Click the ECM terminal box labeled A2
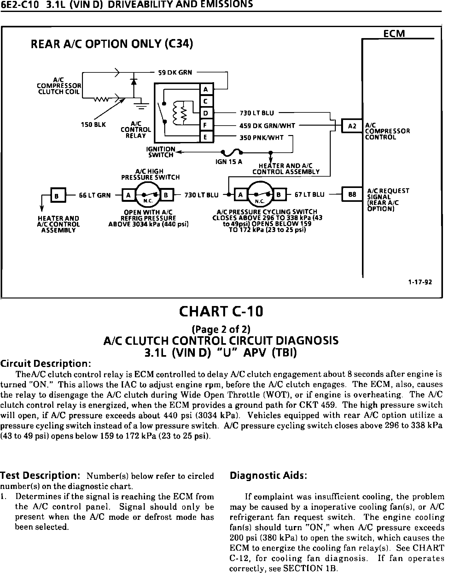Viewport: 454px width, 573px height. coord(352,126)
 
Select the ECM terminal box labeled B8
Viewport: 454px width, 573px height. coord(352,195)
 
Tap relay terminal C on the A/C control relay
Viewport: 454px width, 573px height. coord(206,101)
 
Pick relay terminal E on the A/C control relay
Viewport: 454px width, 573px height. coord(206,137)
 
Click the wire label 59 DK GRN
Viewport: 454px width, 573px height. coord(175,72)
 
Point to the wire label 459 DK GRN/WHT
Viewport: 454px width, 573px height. coord(267,126)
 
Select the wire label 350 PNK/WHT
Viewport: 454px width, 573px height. coord(261,138)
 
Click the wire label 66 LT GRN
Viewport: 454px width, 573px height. coord(95,195)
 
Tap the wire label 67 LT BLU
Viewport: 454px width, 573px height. coord(309,195)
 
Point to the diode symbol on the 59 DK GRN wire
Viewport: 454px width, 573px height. coord(134,81)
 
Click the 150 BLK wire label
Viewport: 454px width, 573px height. coord(93,125)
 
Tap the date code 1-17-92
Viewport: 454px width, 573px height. coord(420,282)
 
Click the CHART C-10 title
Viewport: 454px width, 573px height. coord(221,312)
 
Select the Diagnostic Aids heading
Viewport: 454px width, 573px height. coord(268,475)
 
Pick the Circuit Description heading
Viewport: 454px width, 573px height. coord(46,364)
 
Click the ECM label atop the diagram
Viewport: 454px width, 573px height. coord(394,34)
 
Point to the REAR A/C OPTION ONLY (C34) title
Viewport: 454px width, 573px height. coord(112,44)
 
